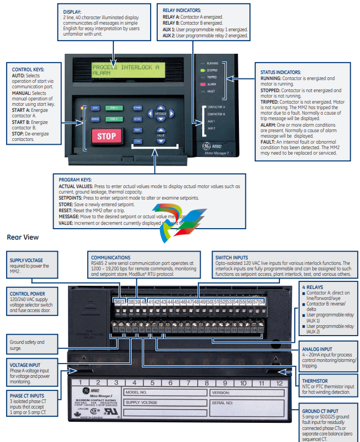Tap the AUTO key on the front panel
(x=95, y=108)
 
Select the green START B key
(x=113, y=119)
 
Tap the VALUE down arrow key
(x=161, y=141)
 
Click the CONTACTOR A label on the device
(x=216, y=106)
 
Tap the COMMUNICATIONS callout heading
(x=111, y=257)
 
